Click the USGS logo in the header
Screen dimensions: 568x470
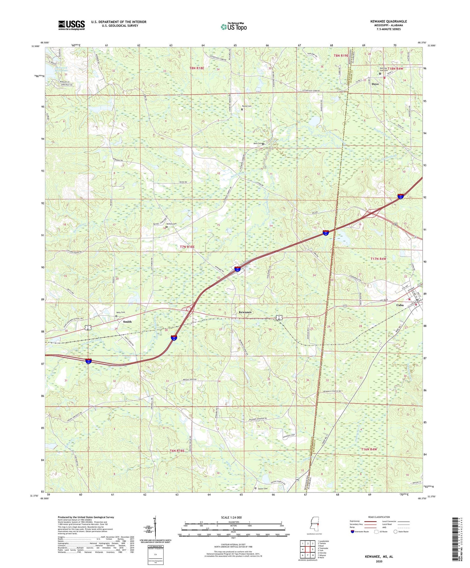click(x=71, y=25)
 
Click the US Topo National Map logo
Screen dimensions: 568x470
click(x=233, y=27)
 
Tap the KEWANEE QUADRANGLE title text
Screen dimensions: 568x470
click(x=388, y=21)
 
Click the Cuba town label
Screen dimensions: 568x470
click(x=400, y=305)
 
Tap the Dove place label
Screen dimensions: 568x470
click(x=375, y=84)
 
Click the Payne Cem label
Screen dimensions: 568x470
click(x=248, y=106)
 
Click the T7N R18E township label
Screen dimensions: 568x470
click(x=187, y=247)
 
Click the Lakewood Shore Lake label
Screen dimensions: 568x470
click(x=61, y=69)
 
